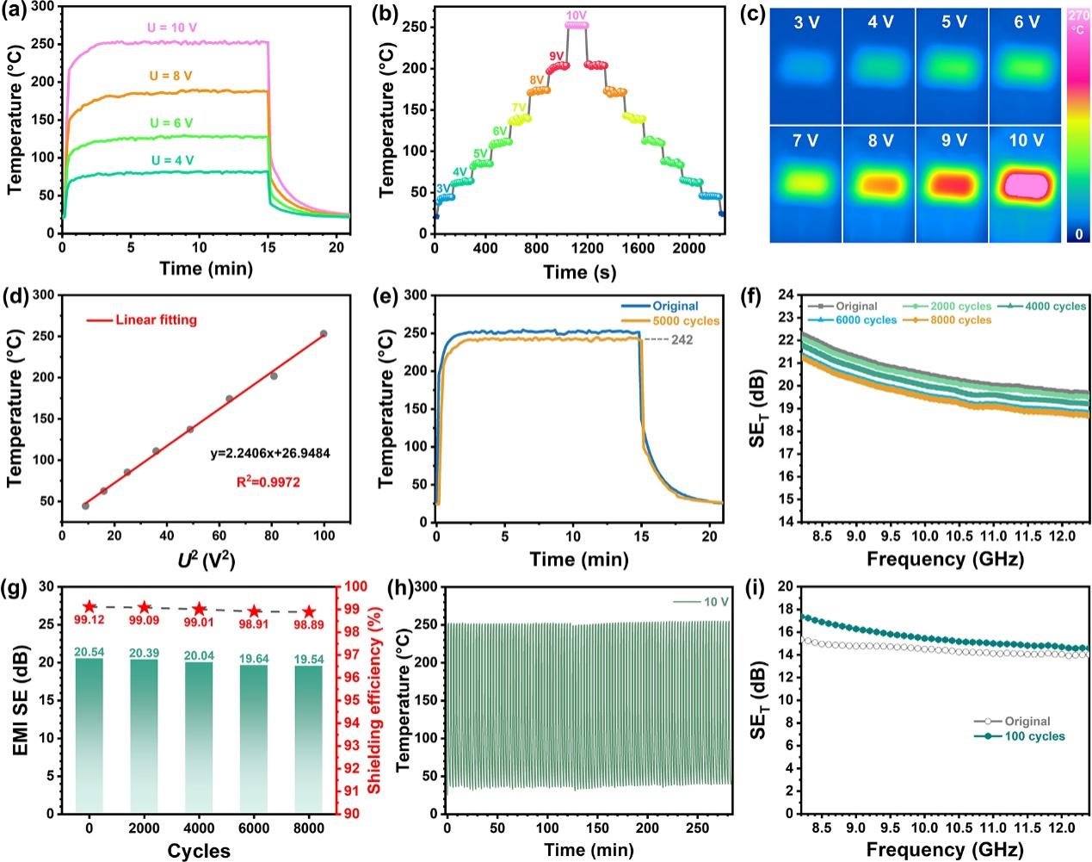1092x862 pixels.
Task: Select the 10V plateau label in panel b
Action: click(577, 16)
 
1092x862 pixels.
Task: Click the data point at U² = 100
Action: click(324, 333)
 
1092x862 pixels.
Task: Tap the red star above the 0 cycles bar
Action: click(89, 607)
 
